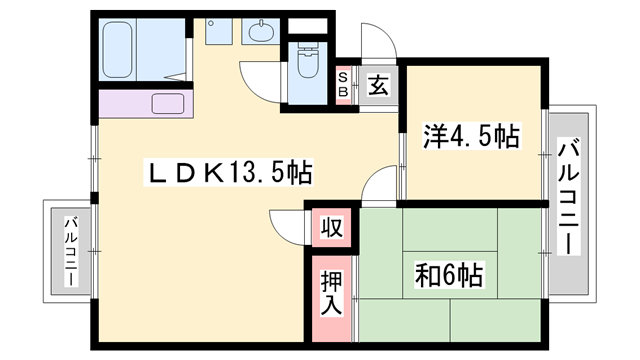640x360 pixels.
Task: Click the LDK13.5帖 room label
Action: click(229, 172)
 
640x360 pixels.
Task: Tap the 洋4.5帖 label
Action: click(471, 136)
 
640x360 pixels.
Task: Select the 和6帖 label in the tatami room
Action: click(449, 275)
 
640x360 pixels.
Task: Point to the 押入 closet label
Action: click(331, 293)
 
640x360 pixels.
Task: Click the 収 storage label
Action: click(331, 227)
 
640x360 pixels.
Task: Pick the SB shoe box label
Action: click(343, 85)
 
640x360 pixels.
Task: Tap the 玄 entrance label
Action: click(378, 85)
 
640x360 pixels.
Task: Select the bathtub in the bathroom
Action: click(118, 50)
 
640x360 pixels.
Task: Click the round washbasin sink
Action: click(261, 31)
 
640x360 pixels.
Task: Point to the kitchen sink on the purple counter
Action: click(168, 104)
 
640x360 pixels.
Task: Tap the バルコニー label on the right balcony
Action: click(569, 196)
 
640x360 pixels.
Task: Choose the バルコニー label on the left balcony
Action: click(71, 251)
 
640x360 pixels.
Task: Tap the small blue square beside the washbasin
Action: click(218, 31)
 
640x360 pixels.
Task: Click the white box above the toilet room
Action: click(308, 26)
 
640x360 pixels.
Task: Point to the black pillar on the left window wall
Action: click(95, 198)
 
